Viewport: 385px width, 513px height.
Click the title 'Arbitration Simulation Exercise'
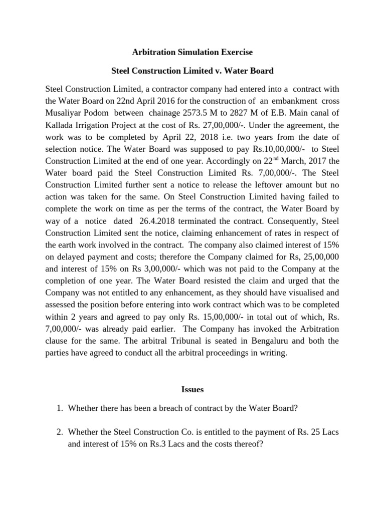click(x=192, y=52)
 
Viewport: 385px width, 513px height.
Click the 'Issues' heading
click(x=192, y=389)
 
